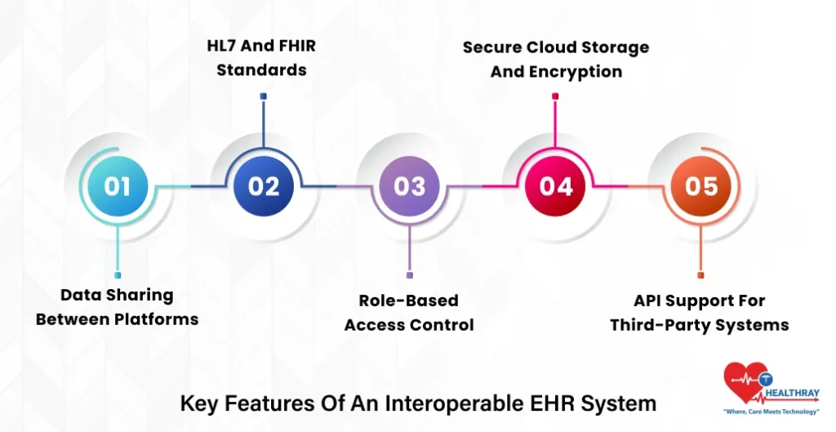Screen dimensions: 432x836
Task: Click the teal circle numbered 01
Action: point(118,186)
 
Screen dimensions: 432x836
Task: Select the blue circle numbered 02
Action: point(263,186)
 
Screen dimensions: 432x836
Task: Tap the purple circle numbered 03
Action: point(409,186)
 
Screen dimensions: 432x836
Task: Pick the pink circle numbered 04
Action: point(555,186)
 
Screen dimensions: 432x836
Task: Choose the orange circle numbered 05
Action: point(700,186)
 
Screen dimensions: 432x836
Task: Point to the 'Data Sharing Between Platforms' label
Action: point(117,307)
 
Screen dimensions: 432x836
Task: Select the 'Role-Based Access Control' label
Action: point(409,313)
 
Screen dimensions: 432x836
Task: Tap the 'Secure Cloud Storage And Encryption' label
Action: point(556,59)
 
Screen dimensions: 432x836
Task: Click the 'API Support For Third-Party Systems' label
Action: point(700,313)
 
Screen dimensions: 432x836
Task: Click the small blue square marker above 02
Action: point(263,96)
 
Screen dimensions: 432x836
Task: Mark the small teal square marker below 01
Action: point(118,275)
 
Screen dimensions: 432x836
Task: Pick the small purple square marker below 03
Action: point(409,275)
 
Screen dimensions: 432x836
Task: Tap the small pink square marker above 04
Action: point(555,96)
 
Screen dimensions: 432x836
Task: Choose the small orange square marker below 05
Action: point(700,275)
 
